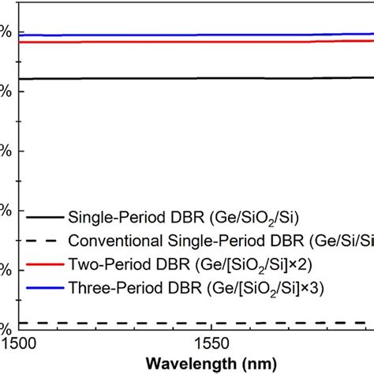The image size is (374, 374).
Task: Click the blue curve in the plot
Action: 197,35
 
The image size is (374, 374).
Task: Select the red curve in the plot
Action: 197,42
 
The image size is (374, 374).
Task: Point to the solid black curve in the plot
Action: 197,78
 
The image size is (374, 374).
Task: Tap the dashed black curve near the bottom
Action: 197,323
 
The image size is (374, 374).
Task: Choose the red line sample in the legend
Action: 43,264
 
